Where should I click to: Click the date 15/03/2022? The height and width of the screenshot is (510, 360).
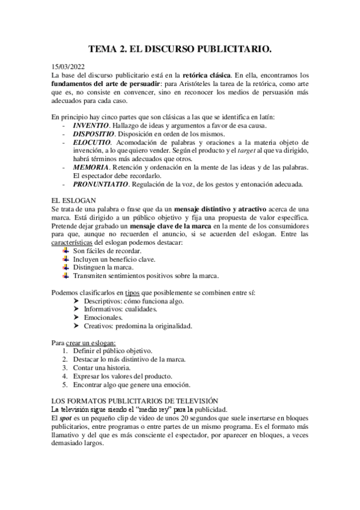[69, 67]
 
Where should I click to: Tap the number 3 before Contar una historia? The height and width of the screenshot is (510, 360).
[65, 367]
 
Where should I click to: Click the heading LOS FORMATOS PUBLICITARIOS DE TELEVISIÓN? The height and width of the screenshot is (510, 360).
[135, 400]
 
